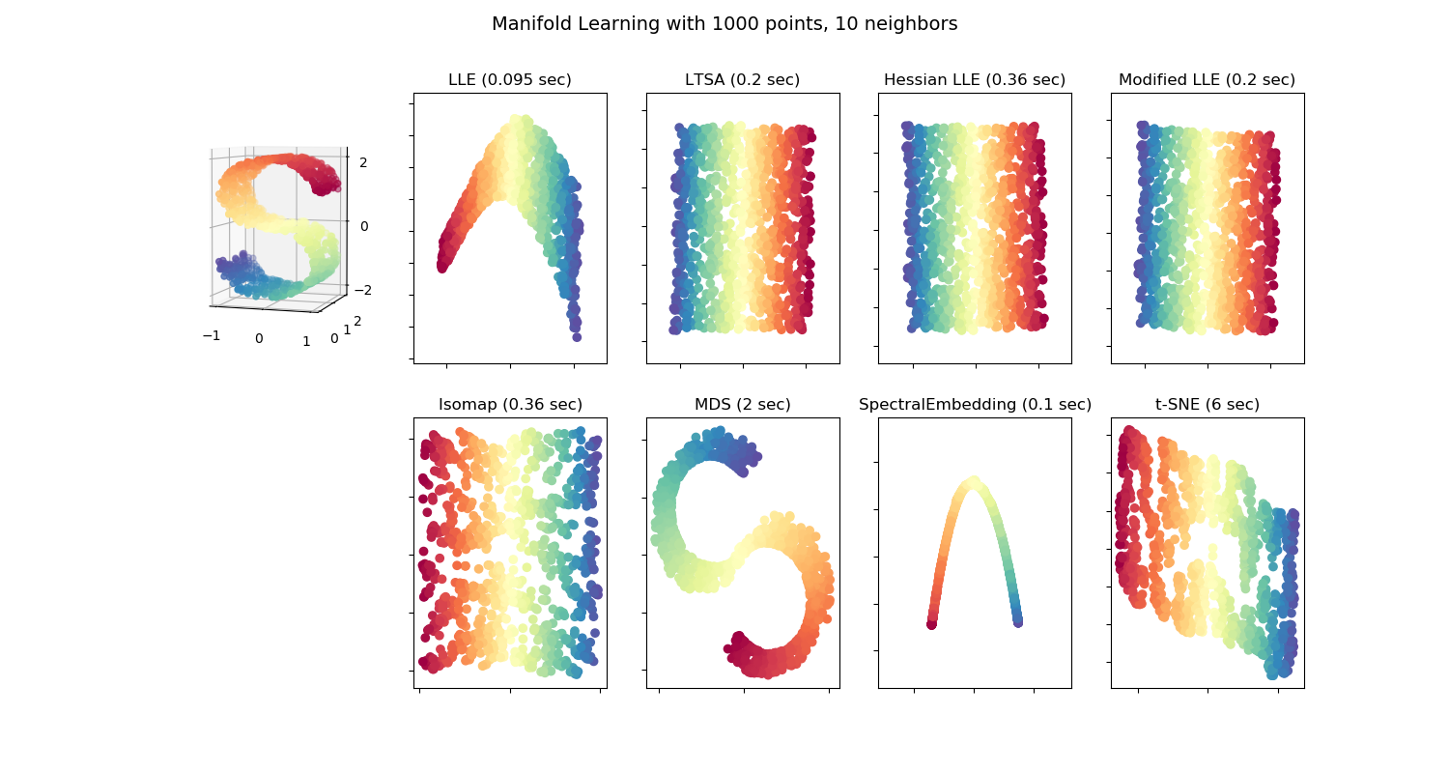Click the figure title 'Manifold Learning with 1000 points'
click(724, 24)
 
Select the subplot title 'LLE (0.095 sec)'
click(509, 80)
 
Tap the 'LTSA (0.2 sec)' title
click(742, 80)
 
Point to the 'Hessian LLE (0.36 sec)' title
click(974, 80)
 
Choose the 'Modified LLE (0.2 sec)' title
click(1207, 80)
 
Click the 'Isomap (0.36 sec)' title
click(509, 405)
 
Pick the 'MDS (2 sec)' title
click(742, 405)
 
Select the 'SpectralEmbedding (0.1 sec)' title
click(974, 405)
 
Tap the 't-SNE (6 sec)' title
click(1207, 405)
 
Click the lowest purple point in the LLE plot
click(577, 337)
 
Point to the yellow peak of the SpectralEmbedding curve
click(974, 480)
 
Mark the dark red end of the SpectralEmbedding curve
click(931, 624)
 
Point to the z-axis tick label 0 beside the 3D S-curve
click(363, 226)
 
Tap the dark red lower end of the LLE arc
click(443, 265)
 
